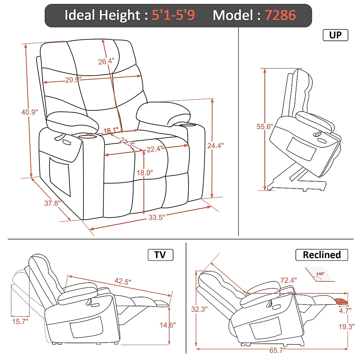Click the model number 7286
click(280, 15)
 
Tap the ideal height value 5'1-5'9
click(173, 15)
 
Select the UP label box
click(335, 35)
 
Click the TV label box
click(160, 255)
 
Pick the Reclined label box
click(322, 255)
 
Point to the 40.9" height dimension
click(29, 112)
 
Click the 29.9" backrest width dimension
click(73, 80)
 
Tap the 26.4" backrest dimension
click(106, 61)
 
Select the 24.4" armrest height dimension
click(215, 145)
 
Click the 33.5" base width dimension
click(157, 217)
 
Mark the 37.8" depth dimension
click(52, 203)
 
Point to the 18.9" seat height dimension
click(145, 173)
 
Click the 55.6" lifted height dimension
click(264, 127)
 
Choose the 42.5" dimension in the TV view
click(123, 281)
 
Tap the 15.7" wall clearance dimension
click(20, 322)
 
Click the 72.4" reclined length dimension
click(288, 280)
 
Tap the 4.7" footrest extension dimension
click(345, 310)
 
